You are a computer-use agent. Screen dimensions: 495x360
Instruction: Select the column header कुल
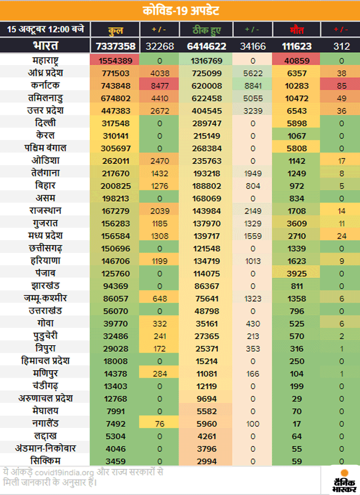[x=115, y=30]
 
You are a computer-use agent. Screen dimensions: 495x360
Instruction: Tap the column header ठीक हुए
[x=207, y=30]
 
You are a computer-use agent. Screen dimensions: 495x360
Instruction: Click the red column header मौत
[x=296, y=30]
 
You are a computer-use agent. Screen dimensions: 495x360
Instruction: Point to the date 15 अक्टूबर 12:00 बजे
[x=45, y=29]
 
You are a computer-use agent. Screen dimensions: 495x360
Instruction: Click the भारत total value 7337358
[x=115, y=46]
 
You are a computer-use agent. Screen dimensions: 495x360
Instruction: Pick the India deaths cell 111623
[x=296, y=46]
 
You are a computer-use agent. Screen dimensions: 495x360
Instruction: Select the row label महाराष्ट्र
[x=45, y=61]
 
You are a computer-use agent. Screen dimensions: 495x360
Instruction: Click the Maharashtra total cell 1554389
[x=115, y=61]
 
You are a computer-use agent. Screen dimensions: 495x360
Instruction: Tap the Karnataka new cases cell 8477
[x=161, y=85]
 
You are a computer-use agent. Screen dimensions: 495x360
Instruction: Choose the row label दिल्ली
[x=45, y=123]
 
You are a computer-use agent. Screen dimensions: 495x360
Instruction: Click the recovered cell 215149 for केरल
[x=207, y=136]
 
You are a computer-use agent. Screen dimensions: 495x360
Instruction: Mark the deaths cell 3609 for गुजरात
[x=296, y=223]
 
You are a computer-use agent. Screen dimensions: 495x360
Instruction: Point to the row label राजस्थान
[x=45, y=211]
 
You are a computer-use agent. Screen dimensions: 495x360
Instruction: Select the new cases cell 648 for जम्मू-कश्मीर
[x=161, y=298]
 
